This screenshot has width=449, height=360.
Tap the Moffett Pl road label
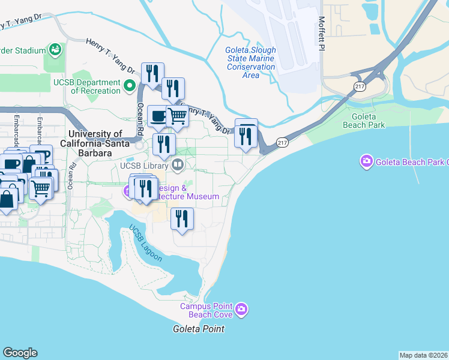pos(322,34)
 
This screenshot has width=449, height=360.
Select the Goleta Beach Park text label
pos(363,121)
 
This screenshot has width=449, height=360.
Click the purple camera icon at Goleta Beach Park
pos(366,161)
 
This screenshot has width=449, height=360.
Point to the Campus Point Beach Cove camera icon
pos(241,310)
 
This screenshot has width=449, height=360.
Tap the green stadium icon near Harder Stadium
pos(55,49)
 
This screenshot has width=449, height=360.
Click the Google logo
pos(20,353)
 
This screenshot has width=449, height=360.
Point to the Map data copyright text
pos(423,355)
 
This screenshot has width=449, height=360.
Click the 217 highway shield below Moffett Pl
pos(360,86)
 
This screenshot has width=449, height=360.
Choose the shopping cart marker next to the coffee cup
pos(178,115)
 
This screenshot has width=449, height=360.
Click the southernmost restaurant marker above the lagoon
pos(182,218)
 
